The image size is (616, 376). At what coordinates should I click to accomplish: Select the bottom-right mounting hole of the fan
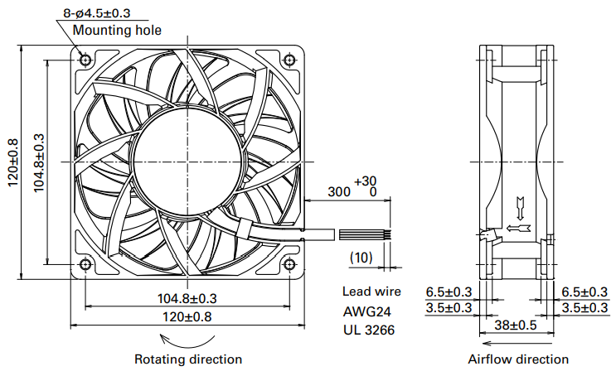point(289,264)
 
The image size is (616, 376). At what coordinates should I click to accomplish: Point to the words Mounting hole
point(117,31)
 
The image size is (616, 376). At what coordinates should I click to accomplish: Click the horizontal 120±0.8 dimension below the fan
point(187,316)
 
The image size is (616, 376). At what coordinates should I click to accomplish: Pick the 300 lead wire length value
point(338,191)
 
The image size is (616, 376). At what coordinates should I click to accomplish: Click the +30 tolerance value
point(365,181)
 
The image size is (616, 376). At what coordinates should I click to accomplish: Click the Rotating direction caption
point(188,359)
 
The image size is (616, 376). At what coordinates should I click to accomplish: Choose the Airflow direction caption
point(518,359)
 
